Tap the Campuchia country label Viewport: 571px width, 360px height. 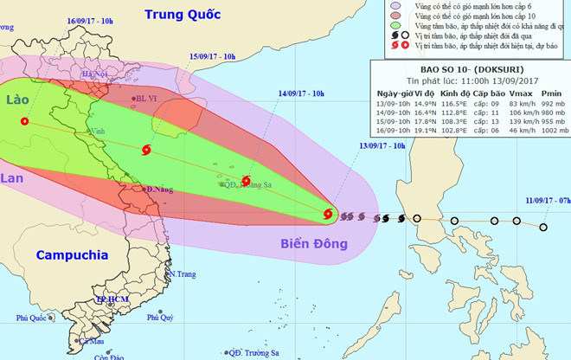point(72,255)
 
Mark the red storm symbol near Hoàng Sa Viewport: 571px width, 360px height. point(247,183)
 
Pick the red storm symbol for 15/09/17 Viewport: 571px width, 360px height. point(144,151)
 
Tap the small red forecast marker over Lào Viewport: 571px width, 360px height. point(23,123)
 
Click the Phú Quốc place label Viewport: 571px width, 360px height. point(31,318)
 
